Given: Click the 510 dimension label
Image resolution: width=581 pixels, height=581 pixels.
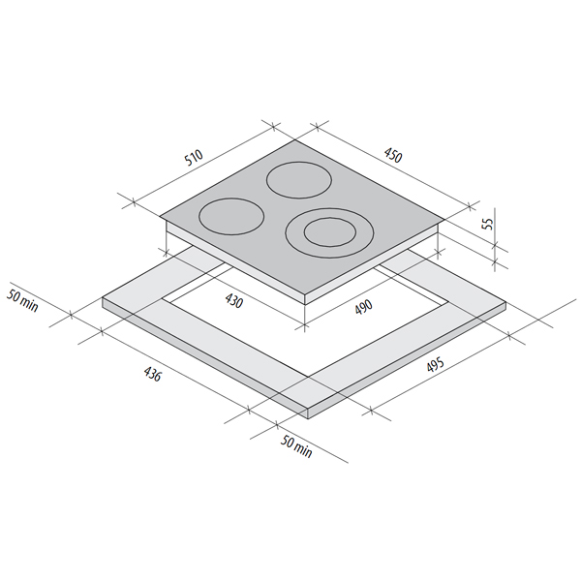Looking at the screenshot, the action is click(194, 158).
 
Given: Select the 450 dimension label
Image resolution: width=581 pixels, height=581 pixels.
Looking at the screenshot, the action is click(393, 155).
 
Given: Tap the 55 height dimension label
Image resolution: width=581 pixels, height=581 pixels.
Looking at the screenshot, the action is click(489, 224).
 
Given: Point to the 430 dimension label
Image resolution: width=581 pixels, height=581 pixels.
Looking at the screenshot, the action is click(233, 300).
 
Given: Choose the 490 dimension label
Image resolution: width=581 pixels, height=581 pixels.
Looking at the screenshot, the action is click(363, 307).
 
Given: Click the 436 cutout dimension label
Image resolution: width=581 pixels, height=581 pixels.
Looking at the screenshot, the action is click(152, 374).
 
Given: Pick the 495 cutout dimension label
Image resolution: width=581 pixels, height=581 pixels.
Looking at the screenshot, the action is click(435, 365).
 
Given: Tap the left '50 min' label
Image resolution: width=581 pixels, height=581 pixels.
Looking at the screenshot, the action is click(22, 301).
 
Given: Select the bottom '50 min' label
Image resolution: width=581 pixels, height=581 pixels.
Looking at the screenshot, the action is click(296, 446).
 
